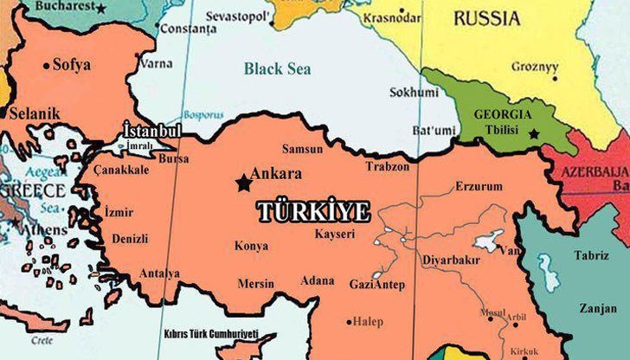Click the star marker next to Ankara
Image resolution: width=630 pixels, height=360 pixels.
coord(241,183)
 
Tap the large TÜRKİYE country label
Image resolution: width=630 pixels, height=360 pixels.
coord(313,211)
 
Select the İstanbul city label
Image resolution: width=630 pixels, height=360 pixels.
coord(152,130)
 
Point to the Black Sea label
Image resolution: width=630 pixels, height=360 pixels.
coord(276,69)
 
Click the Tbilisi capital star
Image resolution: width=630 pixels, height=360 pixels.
coord(534,133)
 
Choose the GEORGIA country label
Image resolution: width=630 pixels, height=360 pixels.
coord(503,113)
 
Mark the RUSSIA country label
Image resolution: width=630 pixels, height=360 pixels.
coord(487,17)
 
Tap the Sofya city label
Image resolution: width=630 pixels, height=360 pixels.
coord(71,64)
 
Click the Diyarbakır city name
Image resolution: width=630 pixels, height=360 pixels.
coord(449,257)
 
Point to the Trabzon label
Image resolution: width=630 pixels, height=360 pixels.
coord(387,165)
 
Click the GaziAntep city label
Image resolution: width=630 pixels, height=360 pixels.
coord(376,285)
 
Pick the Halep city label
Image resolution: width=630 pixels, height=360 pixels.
coord(367,322)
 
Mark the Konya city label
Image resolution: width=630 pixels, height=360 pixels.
coord(251,246)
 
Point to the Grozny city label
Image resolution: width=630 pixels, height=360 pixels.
coord(534,66)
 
